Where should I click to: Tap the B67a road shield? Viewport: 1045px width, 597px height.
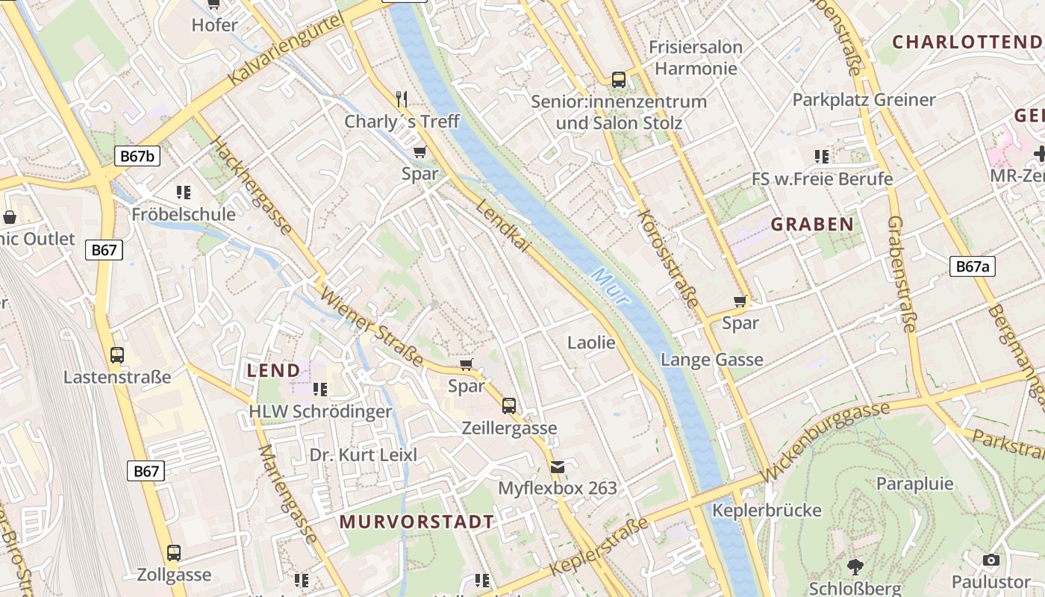click(x=973, y=266)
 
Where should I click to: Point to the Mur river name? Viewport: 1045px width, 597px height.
click(x=611, y=287)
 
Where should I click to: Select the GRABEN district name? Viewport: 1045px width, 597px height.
click(x=812, y=224)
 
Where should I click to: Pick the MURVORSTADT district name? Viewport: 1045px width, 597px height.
click(x=417, y=522)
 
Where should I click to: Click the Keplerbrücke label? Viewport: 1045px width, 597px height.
click(x=767, y=510)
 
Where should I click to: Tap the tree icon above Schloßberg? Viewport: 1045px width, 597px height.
click(x=855, y=567)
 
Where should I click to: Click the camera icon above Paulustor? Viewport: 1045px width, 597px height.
click(x=991, y=560)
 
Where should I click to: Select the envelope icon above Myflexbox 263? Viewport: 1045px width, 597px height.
click(x=558, y=467)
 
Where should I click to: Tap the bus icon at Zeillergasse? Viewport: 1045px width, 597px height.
click(x=509, y=406)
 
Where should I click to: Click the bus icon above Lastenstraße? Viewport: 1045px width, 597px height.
click(x=117, y=355)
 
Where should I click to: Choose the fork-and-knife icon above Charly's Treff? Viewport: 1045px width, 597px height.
click(x=402, y=99)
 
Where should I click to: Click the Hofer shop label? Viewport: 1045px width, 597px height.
click(x=214, y=25)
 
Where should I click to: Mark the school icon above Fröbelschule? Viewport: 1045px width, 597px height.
click(x=184, y=193)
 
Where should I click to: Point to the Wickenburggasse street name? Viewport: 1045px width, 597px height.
click(x=826, y=441)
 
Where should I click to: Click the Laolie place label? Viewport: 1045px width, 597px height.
click(x=591, y=343)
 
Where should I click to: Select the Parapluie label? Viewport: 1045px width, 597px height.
click(x=914, y=484)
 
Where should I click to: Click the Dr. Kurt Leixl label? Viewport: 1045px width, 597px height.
click(x=364, y=454)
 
